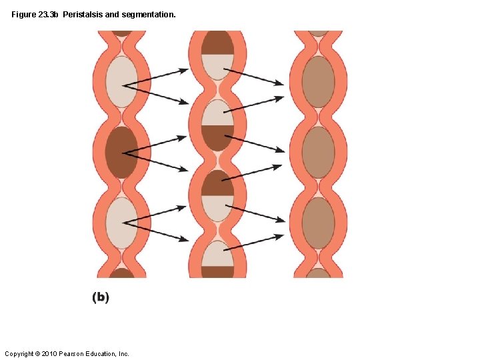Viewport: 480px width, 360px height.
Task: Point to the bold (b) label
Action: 100,297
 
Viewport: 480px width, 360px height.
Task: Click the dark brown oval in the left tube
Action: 121,153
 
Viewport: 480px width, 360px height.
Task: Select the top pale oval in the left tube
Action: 121,82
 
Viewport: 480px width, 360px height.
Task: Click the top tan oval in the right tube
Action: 318,82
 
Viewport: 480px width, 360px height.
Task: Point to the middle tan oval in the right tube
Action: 318,153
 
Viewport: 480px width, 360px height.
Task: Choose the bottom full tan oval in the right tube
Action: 318,223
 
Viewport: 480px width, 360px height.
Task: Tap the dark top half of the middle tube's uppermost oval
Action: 218,43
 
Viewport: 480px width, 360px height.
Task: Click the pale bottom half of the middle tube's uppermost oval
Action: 218,65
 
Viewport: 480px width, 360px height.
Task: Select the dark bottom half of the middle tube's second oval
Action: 218,137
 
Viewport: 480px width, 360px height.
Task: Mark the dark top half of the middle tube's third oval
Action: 218,183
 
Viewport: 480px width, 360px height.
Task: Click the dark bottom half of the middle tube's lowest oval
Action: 218,271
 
